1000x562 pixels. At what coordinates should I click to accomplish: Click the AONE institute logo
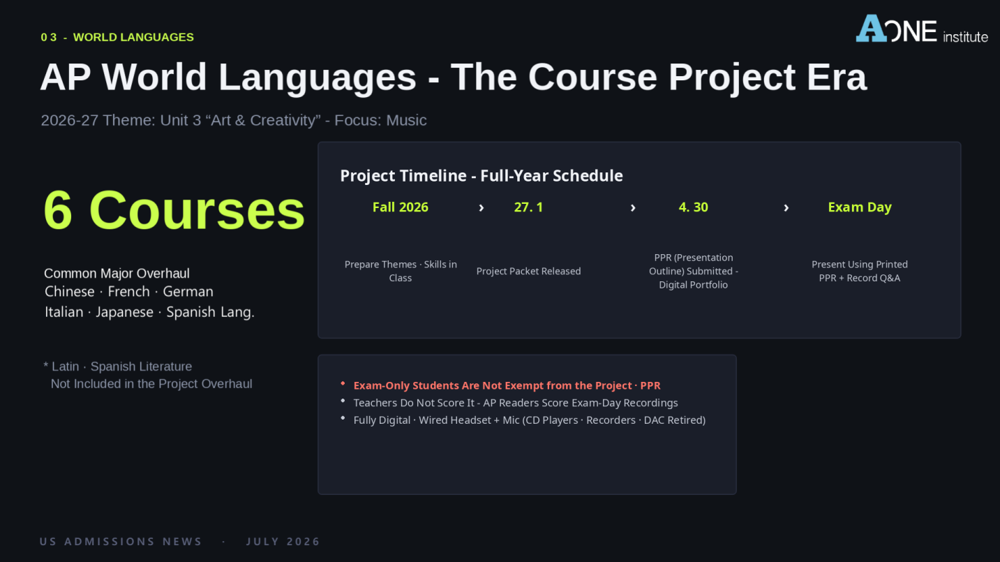click(921, 29)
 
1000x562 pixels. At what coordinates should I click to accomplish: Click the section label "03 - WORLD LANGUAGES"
click(117, 37)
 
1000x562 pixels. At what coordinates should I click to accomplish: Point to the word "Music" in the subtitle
click(406, 120)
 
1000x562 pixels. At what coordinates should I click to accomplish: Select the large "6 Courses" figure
click(174, 209)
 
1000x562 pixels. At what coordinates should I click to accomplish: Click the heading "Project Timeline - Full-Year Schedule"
click(482, 175)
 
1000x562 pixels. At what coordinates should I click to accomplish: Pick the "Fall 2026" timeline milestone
click(401, 207)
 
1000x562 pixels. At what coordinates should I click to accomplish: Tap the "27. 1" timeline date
click(528, 207)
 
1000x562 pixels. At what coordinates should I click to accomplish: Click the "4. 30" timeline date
click(694, 207)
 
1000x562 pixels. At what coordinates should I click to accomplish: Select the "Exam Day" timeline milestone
click(860, 207)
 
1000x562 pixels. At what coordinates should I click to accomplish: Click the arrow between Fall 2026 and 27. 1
click(482, 208)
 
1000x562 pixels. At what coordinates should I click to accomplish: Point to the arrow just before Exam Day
click(786, 208)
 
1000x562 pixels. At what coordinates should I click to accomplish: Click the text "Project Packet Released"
click(528, 271)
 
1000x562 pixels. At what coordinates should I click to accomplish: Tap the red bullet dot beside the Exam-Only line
click(343, 383)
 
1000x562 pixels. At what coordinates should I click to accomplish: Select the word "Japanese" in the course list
click(124, 312)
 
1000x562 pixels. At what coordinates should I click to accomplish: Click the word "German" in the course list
click(188, 291)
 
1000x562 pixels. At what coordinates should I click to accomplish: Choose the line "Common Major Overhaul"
click(117, 273)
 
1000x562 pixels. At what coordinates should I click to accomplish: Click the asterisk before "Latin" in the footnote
click(46, 365)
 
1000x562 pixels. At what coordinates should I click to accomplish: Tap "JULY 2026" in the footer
click(283, 542)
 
